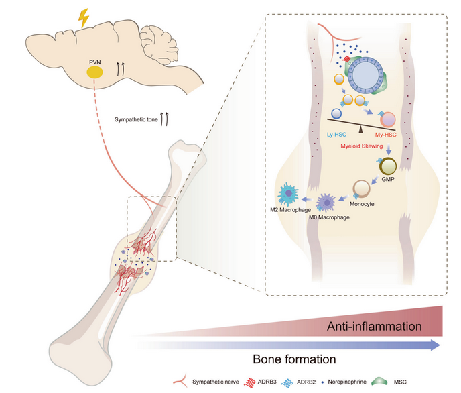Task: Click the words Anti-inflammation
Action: [374, 326]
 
